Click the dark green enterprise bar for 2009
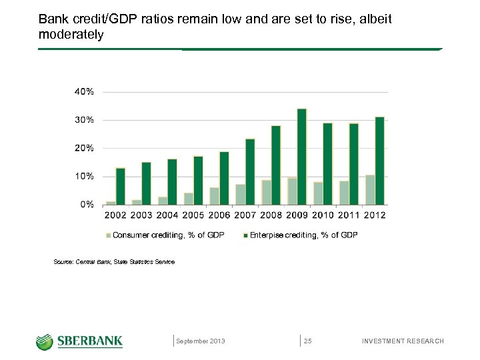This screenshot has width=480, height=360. click(x=301, y=157)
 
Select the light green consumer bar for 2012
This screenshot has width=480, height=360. click(x=370, y=190)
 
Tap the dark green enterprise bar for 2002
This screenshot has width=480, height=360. click(x=121, y=187)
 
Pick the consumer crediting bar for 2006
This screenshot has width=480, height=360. click(x=214, y=196)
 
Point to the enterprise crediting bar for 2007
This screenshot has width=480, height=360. click(x=250, y=172)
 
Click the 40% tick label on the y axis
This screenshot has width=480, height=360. click(x=83, y=91)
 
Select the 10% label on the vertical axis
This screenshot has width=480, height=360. click(x=83, y=177)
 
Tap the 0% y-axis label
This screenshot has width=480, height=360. click(x=87, y=205)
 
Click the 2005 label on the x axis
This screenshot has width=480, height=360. click(x=193, y=215)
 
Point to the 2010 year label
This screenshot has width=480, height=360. click(x=323, y=215)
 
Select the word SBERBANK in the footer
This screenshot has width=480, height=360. click(x=90, y=341)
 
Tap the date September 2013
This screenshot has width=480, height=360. click(x=201, y=341)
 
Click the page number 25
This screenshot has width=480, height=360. click(x=308, y=341)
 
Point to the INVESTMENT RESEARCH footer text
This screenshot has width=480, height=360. click(x=402, y=341)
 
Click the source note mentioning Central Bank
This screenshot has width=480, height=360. click(x=114, y=262)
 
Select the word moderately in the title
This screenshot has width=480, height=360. click(x=71, y=34)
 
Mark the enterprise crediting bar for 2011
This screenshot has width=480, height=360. click(x=353, y=164)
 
